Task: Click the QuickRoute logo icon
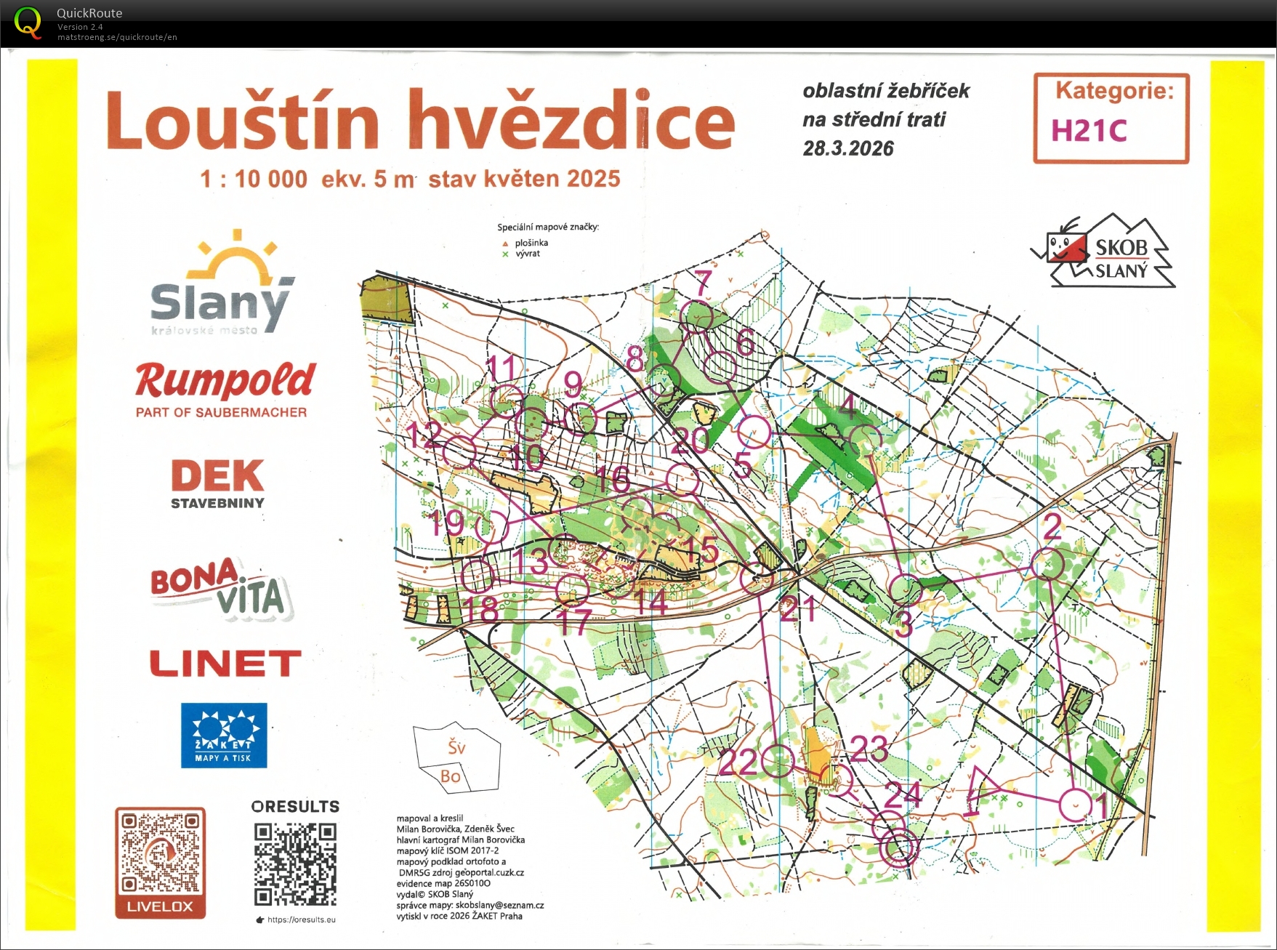[28, 23]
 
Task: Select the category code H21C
[1089, 131]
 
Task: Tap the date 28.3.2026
[847, 148]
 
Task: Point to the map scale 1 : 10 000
[254, 179]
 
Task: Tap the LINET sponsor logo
[225, 664]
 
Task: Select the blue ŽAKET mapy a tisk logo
[224, 735]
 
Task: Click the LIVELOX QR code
[161, 854]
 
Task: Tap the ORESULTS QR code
[295, 864]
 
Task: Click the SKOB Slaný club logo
[1103, 252]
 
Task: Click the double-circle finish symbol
[900, 848]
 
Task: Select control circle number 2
[1047, 563]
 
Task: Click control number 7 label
[703, 282]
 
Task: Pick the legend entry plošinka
[531, 243]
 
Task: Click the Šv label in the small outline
[456, 747]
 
